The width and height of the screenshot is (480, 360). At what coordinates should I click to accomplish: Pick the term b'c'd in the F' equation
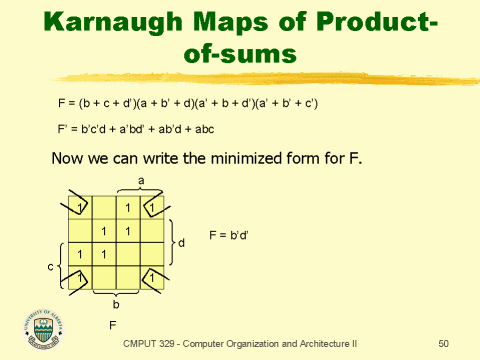pos(104,128)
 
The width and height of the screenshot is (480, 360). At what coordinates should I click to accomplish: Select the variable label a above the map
pos(141,180)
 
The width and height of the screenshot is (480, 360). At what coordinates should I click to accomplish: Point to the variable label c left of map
pos(50,267)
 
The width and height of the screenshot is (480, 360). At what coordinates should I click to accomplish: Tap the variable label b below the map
pos(116,304)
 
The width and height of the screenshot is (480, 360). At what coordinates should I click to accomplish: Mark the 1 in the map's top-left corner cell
pos(79,208)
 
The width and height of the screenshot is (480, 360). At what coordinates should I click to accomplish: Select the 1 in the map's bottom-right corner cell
pos(150,275)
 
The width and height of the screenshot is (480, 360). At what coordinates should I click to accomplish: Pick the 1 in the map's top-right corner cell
pos(150,208)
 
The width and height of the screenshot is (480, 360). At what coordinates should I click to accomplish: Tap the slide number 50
pos(444,344)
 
